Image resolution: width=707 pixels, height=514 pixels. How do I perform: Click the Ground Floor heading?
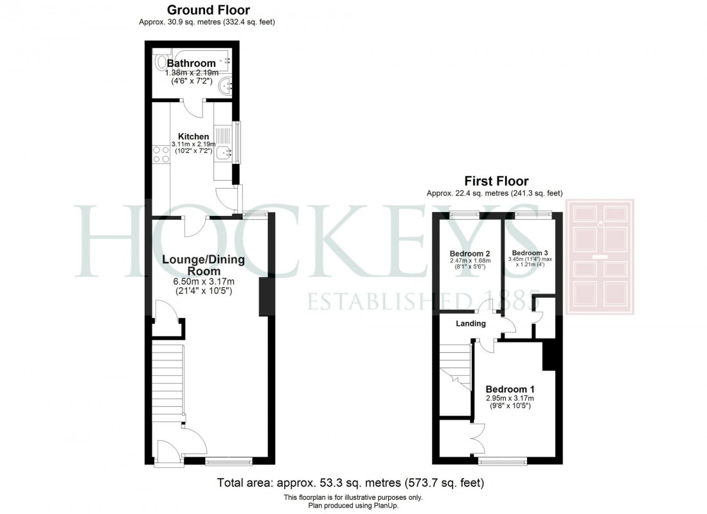pyautogui.click(x=208, y=10)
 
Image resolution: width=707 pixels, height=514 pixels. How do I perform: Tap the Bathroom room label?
pyautogui.click(x=191, y=64)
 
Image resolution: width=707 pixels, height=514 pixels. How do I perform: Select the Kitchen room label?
pyautogui.click(x=193, y=137)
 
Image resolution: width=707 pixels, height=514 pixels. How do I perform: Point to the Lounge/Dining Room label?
pyautogui.click(x=203, y=265)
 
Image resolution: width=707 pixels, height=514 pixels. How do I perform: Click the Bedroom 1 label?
pyautogui.click(x=510, y=389)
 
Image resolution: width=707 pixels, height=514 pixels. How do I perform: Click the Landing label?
pyautogui.click(x=471, y=323)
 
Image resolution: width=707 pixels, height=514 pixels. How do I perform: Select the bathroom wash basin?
pyautogui.click(x=225, y=85)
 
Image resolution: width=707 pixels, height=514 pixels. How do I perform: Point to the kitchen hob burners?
pyautogui.click(x=161, y=155)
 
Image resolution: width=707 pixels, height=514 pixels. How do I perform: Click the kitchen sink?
pyautogui.click(x=224, y=152)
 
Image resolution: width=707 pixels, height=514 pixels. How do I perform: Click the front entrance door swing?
pyautogui.click(x=166, y=449)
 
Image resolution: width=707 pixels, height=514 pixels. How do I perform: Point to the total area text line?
pyautogui.click(x=350, y=483)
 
